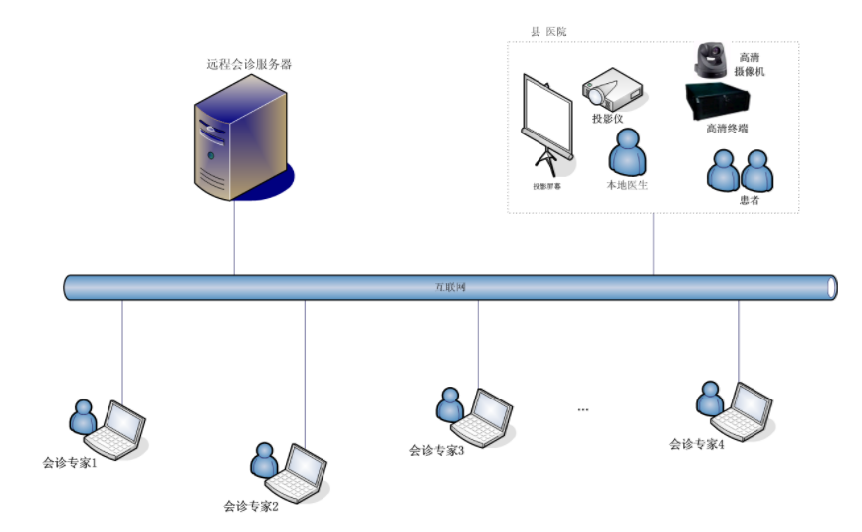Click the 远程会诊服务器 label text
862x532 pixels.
click(x=249, y=65)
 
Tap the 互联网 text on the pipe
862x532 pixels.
click(x=450, y=288)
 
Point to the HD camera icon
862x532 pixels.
click(x=713, y=61)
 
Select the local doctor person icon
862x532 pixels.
click(x=628, y=153)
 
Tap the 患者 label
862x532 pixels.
click(x=749, y=200)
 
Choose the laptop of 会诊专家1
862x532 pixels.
click(x=115, y=428)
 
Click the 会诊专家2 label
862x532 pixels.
click(x=250, y=505)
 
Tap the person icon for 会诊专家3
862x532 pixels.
click(x=450, y=404)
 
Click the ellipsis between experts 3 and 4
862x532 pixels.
click(x=583, y=408)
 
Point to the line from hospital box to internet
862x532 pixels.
click(x=654, y=244)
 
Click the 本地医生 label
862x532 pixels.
click(x=627, y=185)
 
